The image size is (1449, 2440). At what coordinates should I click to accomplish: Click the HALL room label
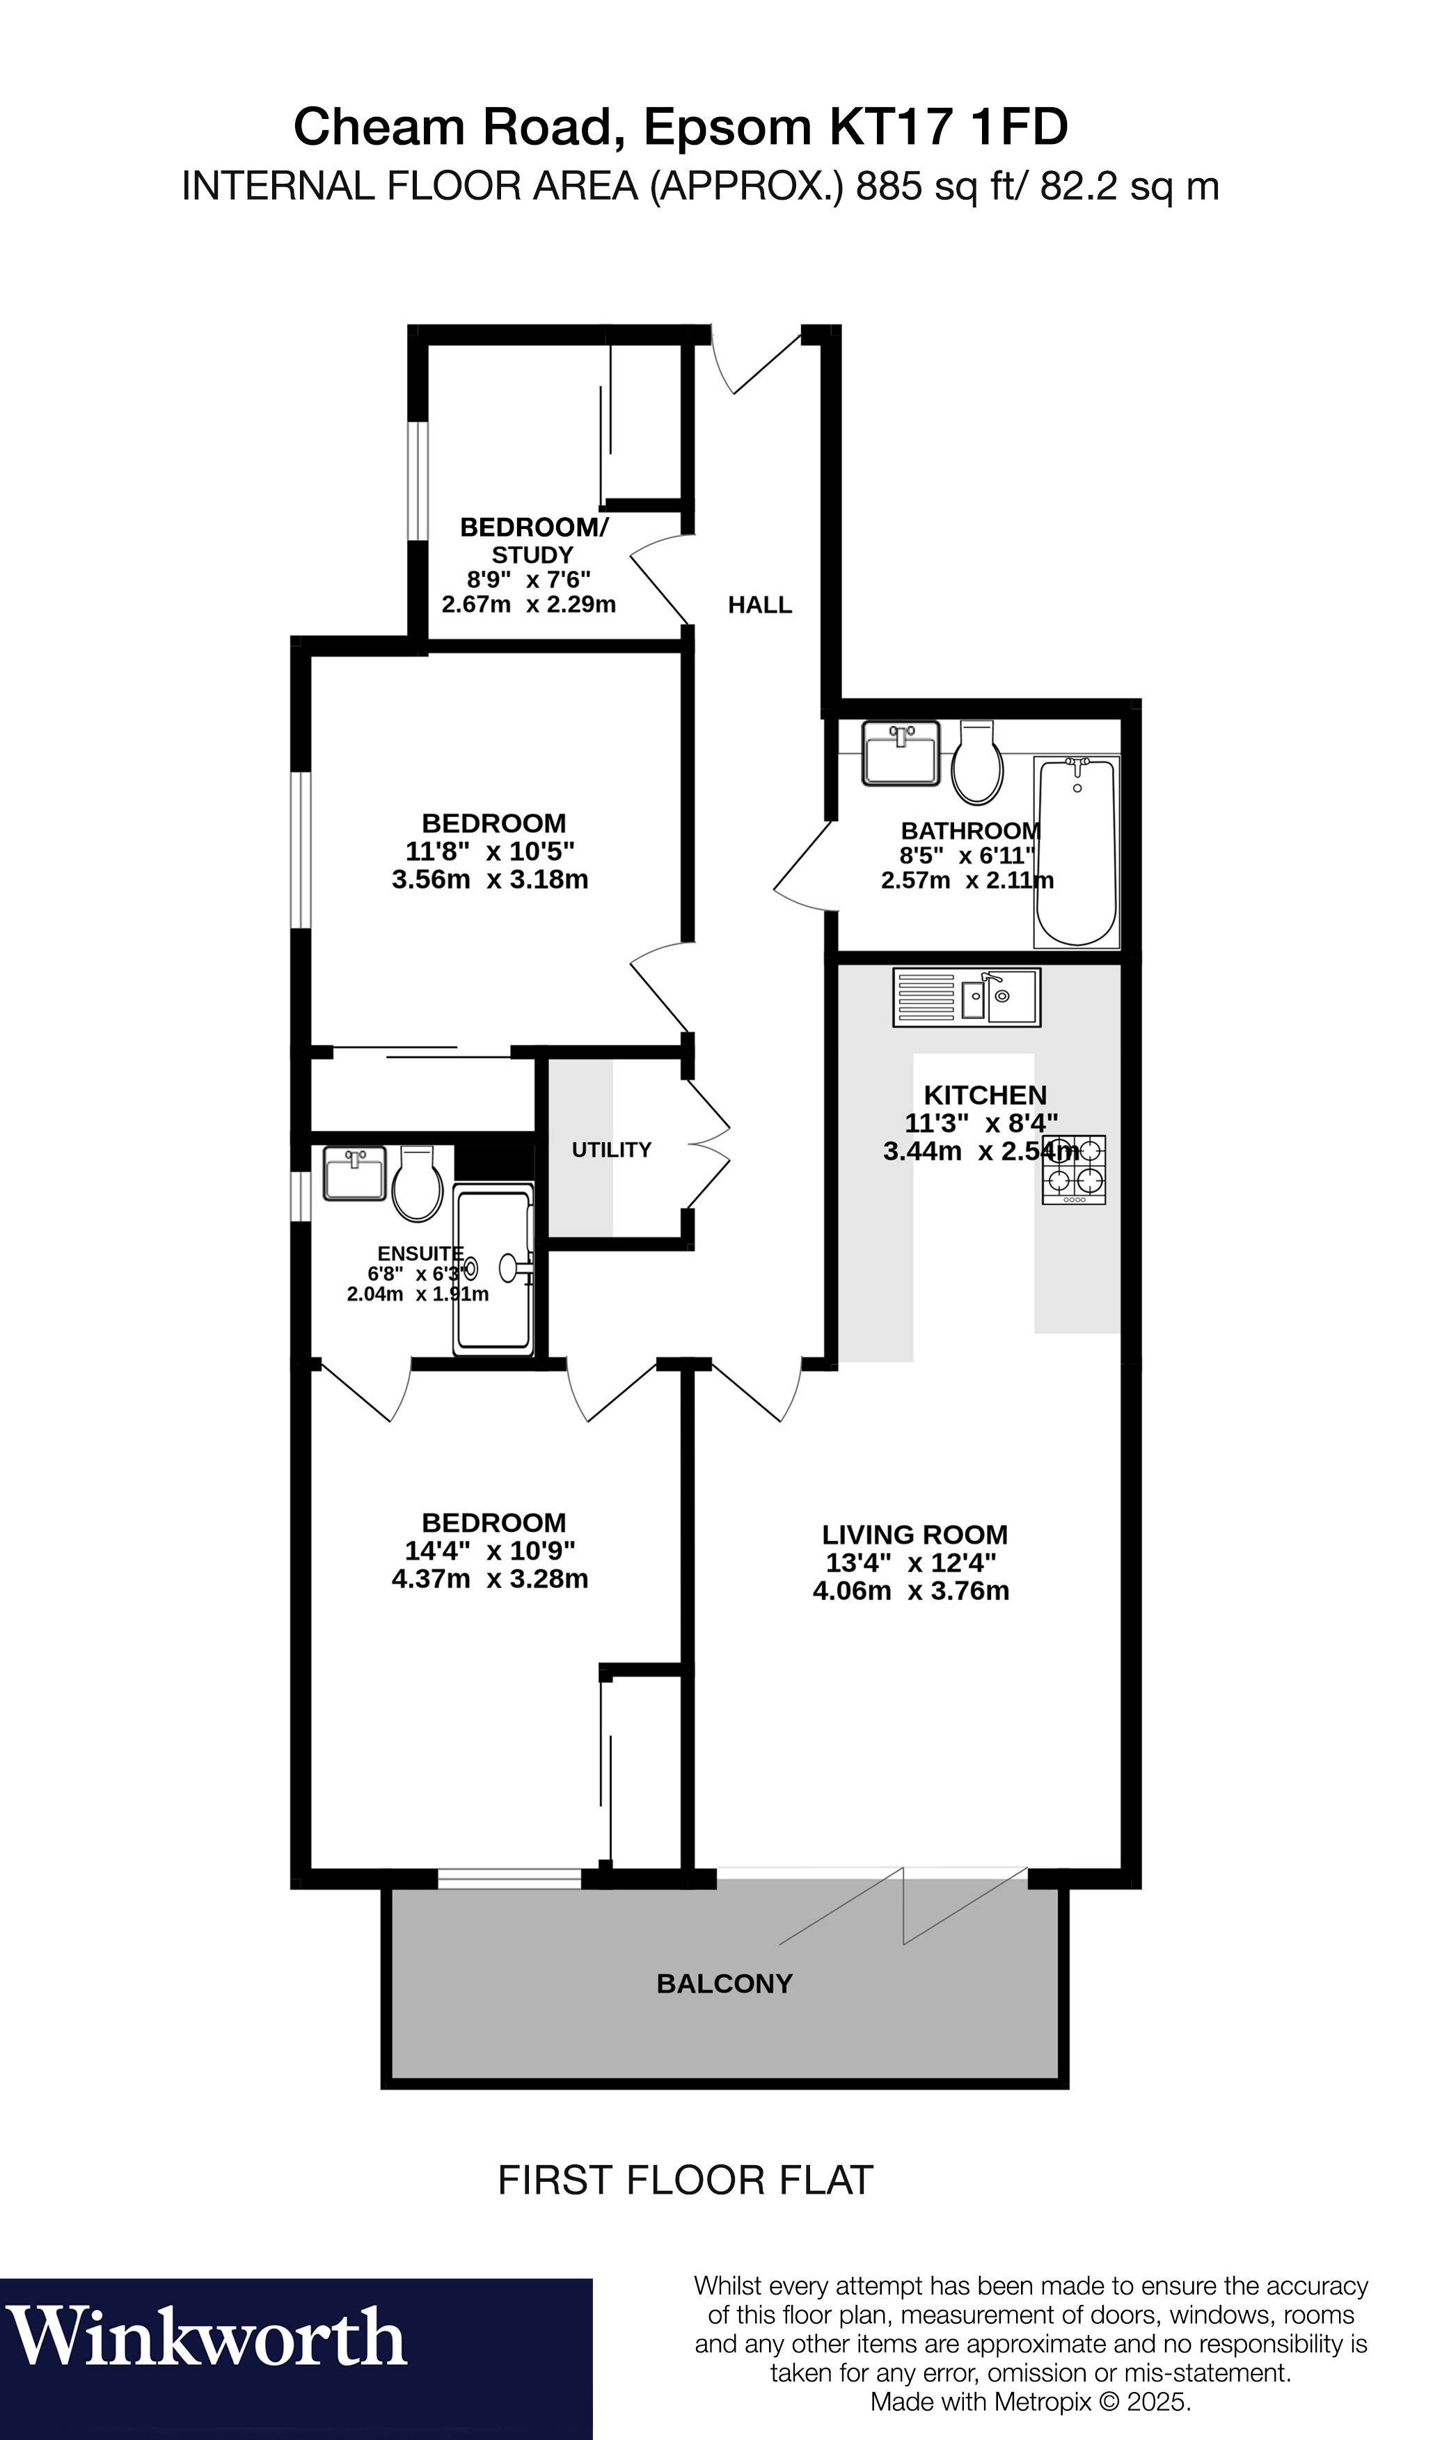[x=760, y=605]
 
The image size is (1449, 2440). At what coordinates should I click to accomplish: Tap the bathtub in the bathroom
[x=1076, y=850]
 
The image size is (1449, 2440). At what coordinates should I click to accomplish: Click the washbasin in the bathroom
[x=901, y=753]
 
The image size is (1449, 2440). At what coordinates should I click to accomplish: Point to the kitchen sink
[x=967, y=997]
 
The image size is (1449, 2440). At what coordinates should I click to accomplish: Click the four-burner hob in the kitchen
[x=1074, y=1168]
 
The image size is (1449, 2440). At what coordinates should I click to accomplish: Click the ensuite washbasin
[x=354, y=1173]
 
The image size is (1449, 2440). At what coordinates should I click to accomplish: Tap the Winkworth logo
[x=207, y=2338]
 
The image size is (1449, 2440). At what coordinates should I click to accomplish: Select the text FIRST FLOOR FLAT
[x=686, y=2181]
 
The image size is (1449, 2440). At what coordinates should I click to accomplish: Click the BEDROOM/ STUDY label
[x=533, y=541]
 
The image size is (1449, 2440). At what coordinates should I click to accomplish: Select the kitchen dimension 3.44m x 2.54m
[x=981, y=1151]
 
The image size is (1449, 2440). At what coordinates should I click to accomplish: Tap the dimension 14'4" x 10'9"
[x=490, y=1551]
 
